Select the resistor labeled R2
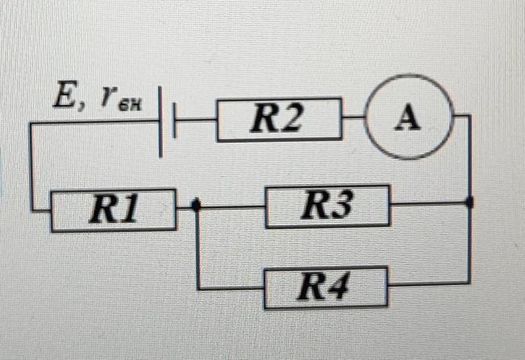tap(278, 120)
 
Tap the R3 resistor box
tap(327, 207)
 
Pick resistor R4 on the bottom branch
tap(327, 287)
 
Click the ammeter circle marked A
tap(407, 119)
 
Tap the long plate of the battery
tap(162, 121)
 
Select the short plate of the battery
tap(176, 121)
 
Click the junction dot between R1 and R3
tap(198, 206)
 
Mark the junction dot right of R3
tap(470, 203)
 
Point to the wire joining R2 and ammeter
tap(353, 119)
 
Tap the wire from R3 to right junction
tap(429, 204)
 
